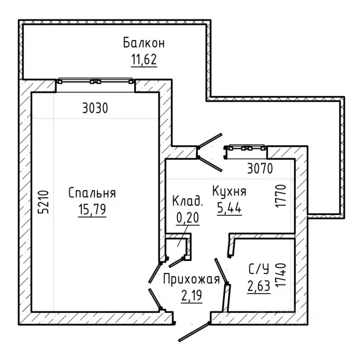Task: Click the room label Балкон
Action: [x=144, y=43]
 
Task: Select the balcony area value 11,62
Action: [x=144, y=59]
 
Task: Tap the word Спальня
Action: [x=92, y=193]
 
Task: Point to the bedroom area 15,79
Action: [x=92, y=209]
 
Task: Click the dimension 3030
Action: [x=95, y=108]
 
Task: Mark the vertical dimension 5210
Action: [x=44, y=202]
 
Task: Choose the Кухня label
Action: [x=229, y=191]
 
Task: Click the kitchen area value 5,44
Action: [x=229, y=208]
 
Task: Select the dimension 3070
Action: [x=260, y=168]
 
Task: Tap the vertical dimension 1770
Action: [x=281, y=196]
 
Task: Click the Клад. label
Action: [x=188, y=201]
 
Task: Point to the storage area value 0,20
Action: [x=188, y=217]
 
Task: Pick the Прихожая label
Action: [x=192, y=279]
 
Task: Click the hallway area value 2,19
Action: [x=192, y=296]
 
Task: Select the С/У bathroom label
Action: [x=259, y=269]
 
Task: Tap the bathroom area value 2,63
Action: [x=259, y=286]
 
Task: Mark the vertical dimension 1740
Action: [x=281, y=275]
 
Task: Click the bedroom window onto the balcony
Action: [x=95, y=81]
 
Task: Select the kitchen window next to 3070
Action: [x=245, y=148]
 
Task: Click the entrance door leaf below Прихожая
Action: [x=194, y=332]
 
